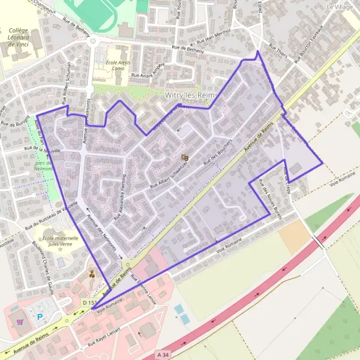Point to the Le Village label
pos(340,7)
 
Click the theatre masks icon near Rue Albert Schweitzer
pos(185,157)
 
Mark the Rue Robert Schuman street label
pos(66,79)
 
